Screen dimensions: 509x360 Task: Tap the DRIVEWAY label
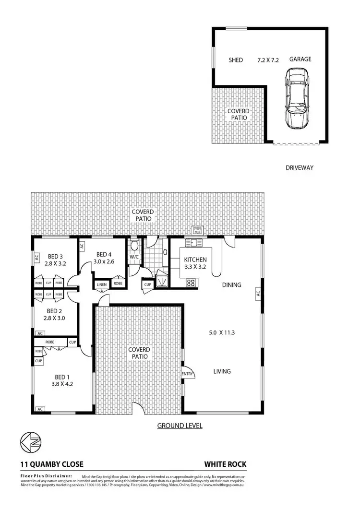(299, 168)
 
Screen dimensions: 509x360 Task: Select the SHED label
(235, 60)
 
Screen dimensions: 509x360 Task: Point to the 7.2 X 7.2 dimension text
(268, 60)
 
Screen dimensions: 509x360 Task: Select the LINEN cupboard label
(102, 284)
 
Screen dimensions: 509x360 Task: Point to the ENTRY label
(187, 374)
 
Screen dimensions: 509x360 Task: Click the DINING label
(231, 285)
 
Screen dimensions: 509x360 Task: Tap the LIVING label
(222, 371)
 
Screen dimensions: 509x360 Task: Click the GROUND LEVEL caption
(180, 426)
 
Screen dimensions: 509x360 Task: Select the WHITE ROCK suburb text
(225, 464)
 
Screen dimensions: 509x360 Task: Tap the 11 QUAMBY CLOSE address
(52, 464)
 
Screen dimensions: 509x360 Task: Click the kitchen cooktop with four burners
(191, 283)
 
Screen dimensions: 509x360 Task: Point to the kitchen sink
(194, 243)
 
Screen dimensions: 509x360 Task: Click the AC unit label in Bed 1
(40, 410)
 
